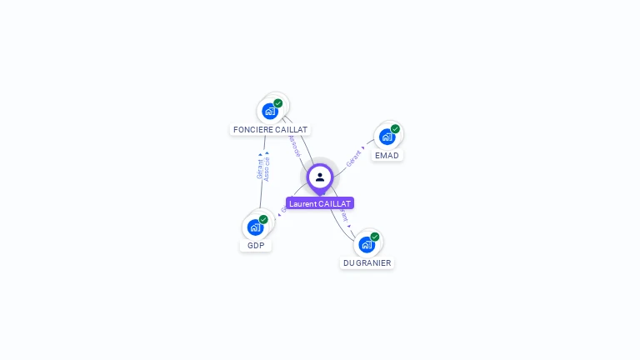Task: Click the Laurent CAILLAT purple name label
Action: tap(320, 203)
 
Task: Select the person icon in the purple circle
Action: tap(320, 177)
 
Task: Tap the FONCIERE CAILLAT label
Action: tap(270, 130)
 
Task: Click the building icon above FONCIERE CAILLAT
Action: tap(269, 111)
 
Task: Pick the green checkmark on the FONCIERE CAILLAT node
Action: tap(278, 103)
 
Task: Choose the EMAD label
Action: tap(387, 156)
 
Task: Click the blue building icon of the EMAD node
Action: tap(387, 137)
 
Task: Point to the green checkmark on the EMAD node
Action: tap(395, 129)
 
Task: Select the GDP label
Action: tap(256, 246)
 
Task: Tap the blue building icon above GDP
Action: tap(255, 227)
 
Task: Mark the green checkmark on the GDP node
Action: tap(263, 219)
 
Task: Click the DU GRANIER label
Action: tap(367, 263)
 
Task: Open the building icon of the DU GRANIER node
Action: tap(366, 244)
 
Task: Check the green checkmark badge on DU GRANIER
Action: tap(375, 237)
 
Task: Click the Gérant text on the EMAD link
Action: tap(354, 159)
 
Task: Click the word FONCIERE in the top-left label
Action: tap(252, 130)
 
